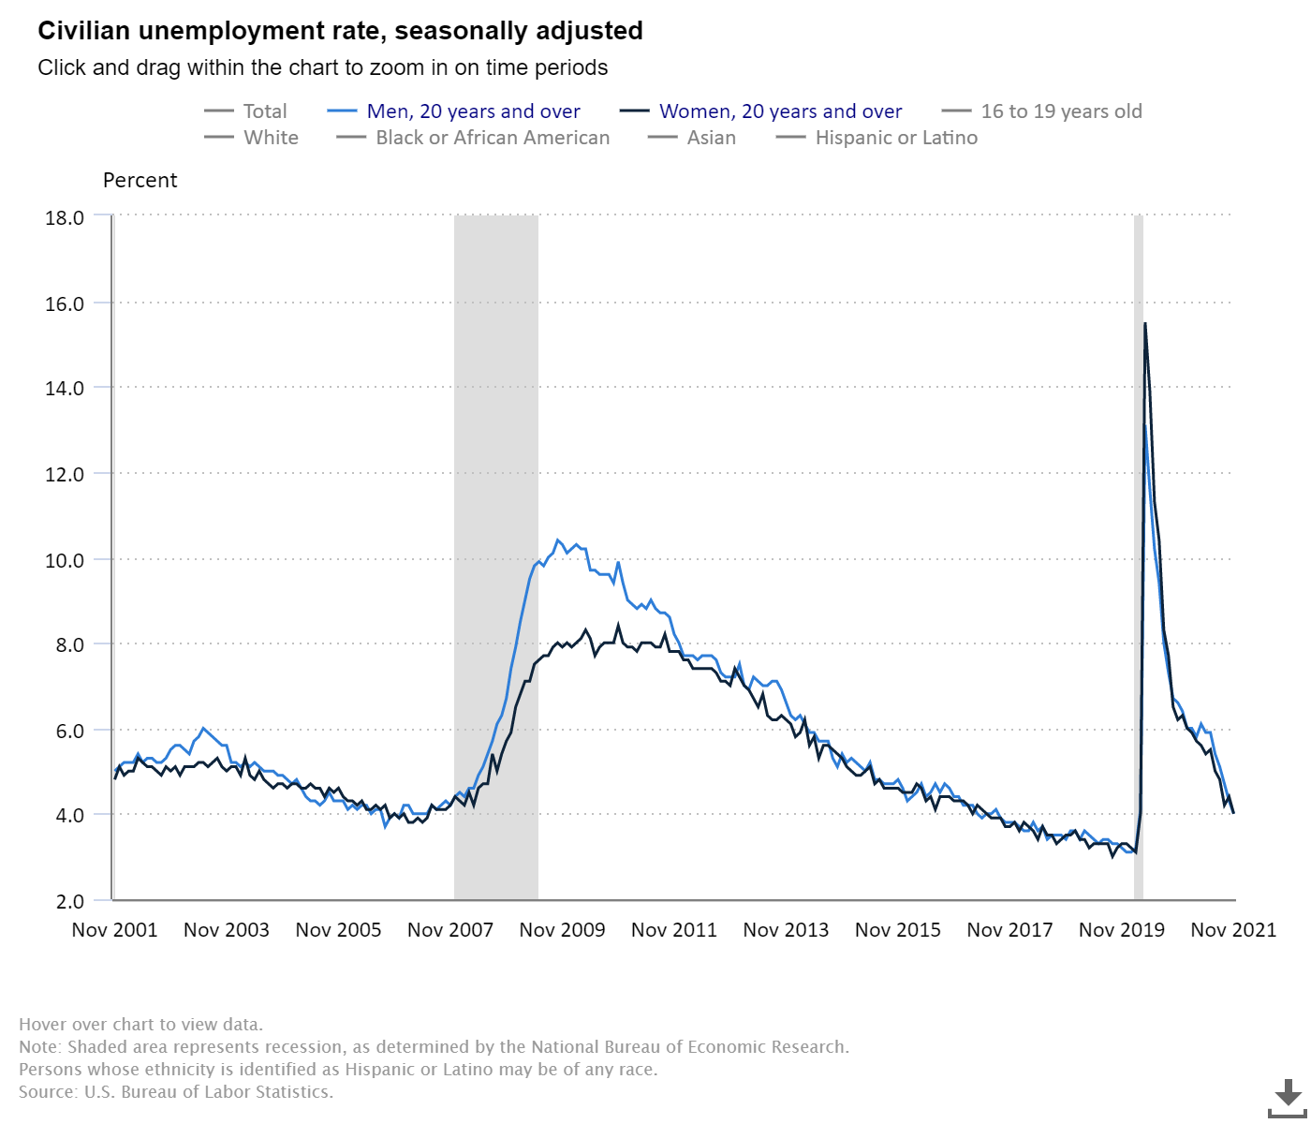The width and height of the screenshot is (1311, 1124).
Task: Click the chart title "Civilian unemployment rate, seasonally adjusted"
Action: pos(340,31)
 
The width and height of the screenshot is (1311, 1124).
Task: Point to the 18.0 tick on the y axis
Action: pos(65,217)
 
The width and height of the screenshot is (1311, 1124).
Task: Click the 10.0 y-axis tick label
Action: pos(65,560)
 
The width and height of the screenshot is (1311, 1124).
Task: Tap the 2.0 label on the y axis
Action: pos(70,901)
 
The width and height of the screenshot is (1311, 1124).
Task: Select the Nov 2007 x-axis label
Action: pos(450,930)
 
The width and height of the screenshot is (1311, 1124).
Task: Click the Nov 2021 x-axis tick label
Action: pos(1233,930)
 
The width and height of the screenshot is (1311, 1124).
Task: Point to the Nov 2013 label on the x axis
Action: pos(786,930)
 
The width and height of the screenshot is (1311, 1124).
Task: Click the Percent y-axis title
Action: pos(140,181)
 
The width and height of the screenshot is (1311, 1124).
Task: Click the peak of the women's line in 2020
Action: pos(1145,324)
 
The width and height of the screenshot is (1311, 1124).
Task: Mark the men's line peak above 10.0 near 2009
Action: pos(558,540)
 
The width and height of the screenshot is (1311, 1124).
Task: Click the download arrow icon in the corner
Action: pos(1288,1096)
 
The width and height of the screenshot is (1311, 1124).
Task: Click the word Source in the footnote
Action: pos(46,1092)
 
